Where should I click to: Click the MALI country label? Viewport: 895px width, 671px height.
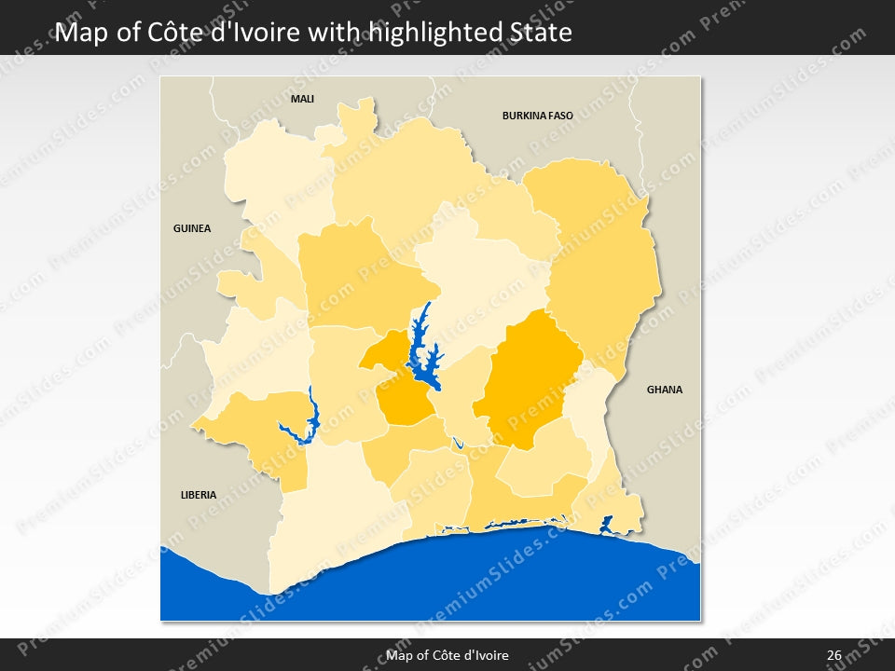point(302,99)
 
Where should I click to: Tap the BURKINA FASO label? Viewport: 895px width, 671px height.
point(537,116)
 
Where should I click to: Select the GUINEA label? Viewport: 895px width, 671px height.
point(192,228)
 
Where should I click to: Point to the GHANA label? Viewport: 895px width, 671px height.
point(665,390)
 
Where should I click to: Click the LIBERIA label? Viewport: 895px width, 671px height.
point(198,495)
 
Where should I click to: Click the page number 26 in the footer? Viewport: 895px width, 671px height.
point(833,655)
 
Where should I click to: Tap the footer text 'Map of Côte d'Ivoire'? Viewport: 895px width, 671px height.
point(447,655)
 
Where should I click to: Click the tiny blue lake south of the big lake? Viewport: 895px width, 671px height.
point(457,444)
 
